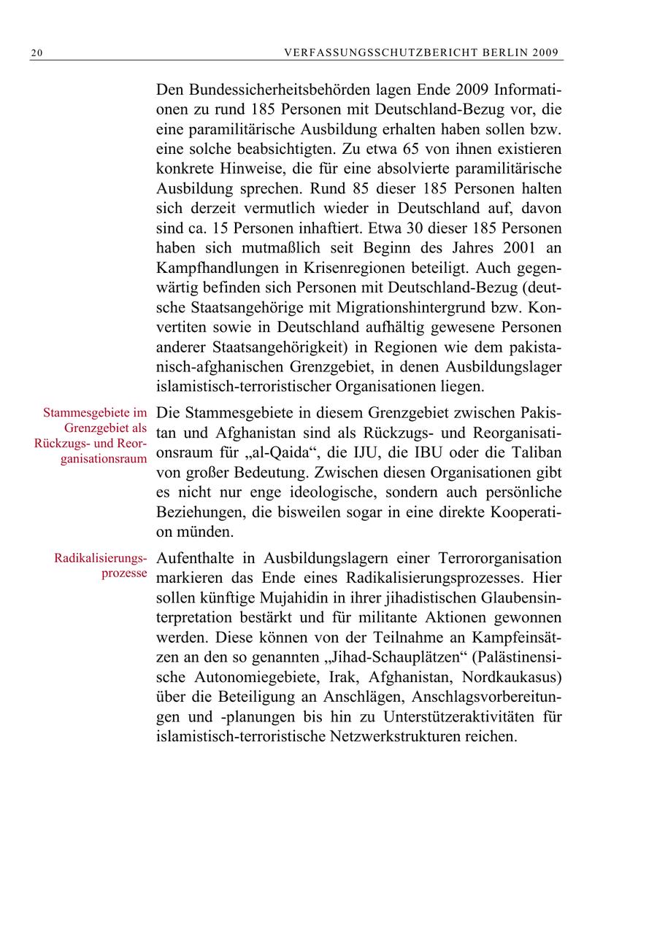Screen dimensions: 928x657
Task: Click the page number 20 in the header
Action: (x=36, y=53)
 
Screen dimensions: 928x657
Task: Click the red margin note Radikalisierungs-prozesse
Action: (x=101, y=566)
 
